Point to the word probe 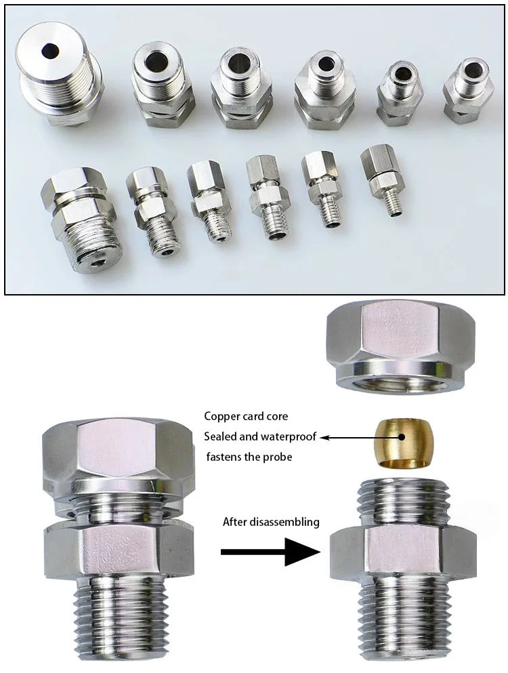click(278, 457)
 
